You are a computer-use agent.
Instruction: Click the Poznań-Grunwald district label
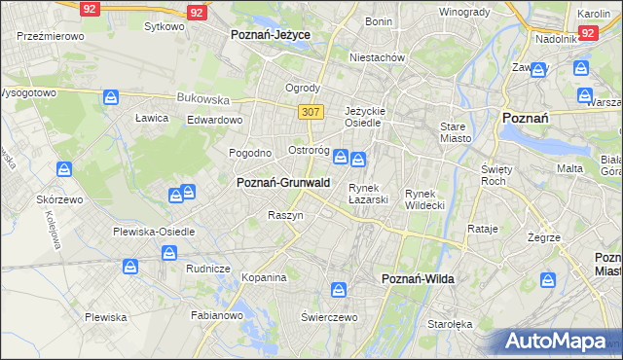pyautogui.click(x=283, y=182)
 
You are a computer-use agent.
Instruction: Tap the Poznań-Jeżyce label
pyautogui.click(x=270, y=34)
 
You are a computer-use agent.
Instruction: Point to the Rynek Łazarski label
pyautogui.click(x=369, y=194)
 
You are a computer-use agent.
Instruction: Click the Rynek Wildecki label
pyautogui.click(x=425, y=198)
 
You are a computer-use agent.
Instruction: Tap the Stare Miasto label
pyautogui.click(x=455, y=132)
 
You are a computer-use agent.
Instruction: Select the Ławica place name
pyautogui.click(x=152, y=118)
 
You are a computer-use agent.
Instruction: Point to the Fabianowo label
pyautogui.click(x=216, y=315)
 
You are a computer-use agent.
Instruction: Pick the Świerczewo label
pyautogui.click(x=330, y=317)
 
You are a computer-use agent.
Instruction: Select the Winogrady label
pyautogui.click(x=463, y=12)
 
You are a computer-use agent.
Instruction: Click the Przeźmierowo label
pyautogui.click(x=51, y=35)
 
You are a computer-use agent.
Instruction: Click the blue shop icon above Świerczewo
pyautogui.click(x=339, y=289)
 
